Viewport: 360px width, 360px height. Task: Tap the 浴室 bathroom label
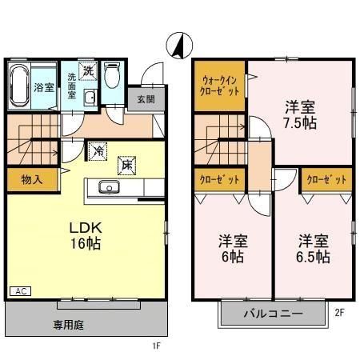(x=44, y=87)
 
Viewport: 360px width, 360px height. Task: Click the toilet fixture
(x=112, y=77)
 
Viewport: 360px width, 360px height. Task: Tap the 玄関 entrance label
(x=145, y=99)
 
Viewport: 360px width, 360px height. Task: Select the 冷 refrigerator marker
(x=99, y=150)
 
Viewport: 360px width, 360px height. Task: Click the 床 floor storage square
(x=126, y=164)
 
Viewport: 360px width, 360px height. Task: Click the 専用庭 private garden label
(x=70, y=325)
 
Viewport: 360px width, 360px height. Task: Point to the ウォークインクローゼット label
(x=218, y=85)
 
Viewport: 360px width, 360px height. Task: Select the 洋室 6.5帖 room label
(x=314, y=248)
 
